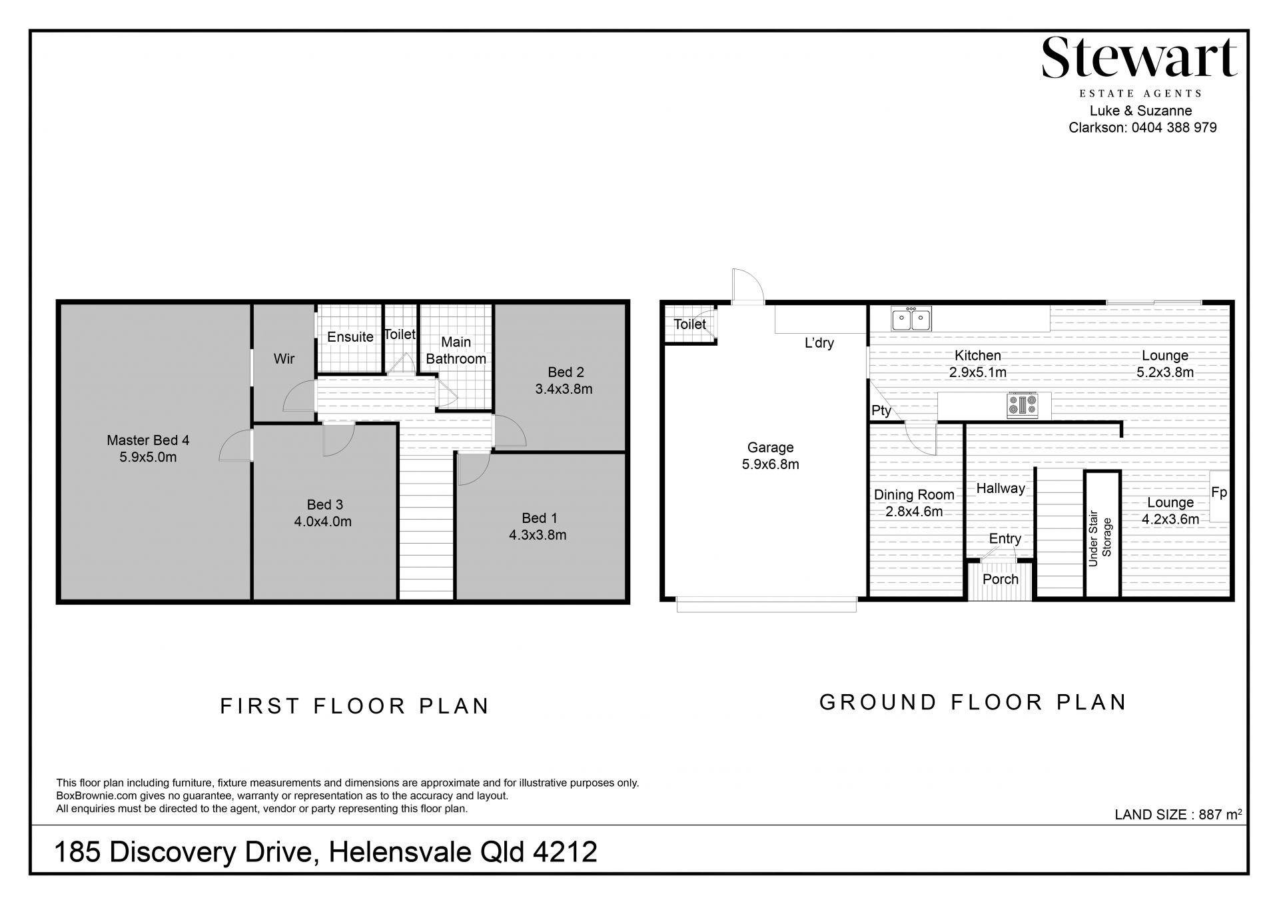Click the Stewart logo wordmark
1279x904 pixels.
click(1139, 58)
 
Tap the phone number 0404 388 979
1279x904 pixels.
click(1174, 127)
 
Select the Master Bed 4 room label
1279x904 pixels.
click(148, 440)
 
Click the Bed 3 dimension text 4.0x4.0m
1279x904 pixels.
click(323, 522)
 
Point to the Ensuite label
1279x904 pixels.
click(350, 337)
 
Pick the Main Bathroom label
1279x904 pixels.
click(456, 350)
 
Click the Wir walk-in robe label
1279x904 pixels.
click(284, 359)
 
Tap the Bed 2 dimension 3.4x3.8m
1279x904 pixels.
click(564, 389)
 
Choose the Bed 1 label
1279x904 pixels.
click(540, 518)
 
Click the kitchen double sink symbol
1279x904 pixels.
click(911, 318)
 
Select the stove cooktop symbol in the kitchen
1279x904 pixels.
click(1023, 404)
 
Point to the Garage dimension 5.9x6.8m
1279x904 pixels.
click(771, 464)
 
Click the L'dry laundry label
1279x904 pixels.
click(819, 344)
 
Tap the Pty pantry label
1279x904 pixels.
click(881, 411)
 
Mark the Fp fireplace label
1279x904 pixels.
click(1219, 493)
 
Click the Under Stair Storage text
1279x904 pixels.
click(1100, 538)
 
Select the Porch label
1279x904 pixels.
click(1001, 580)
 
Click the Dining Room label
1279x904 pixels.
click(914, 495)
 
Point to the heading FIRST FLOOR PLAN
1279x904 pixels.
click(355, 706)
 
